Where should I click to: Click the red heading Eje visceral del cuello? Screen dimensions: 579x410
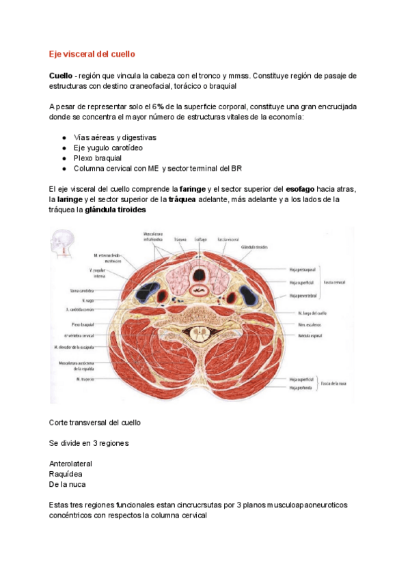point(92,53)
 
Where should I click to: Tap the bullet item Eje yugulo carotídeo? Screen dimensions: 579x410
point(108,147)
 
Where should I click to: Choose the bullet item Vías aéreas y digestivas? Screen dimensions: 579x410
point(114,137)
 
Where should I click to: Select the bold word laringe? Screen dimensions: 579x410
point(69,199)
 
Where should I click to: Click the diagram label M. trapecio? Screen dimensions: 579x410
point(84,378)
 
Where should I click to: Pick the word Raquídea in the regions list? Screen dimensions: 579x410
point(66,473)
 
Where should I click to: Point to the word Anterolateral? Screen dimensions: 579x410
point(70,464)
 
